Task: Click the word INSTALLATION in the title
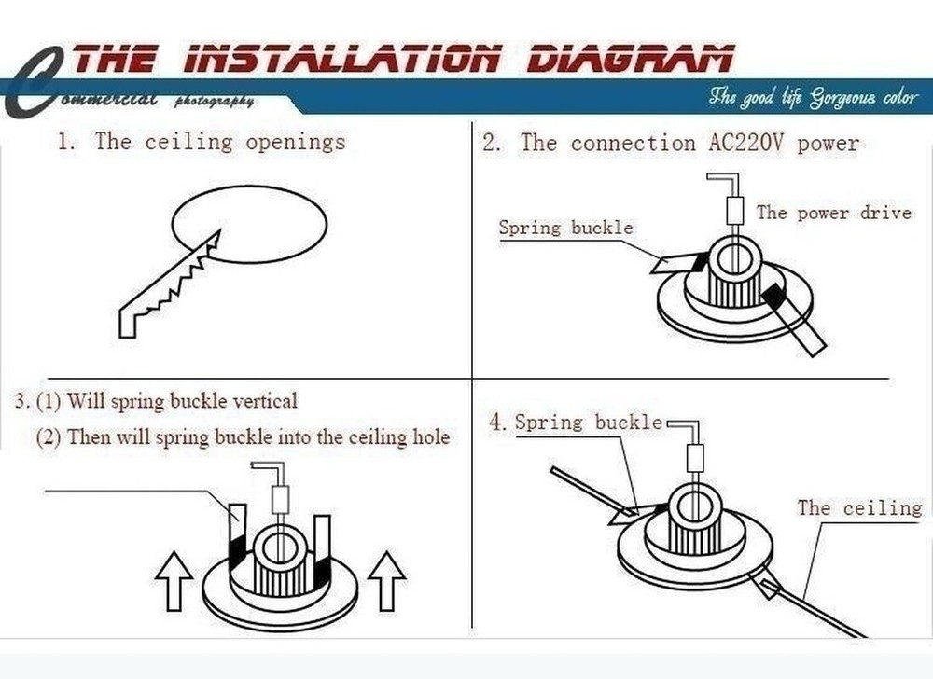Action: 341,60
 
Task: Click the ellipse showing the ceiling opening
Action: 250,225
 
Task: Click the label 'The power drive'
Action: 832,213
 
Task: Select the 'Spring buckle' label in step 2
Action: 565,228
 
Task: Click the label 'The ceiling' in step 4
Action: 858,507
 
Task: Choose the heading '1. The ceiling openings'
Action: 201,142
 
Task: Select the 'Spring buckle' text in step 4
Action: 588,423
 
